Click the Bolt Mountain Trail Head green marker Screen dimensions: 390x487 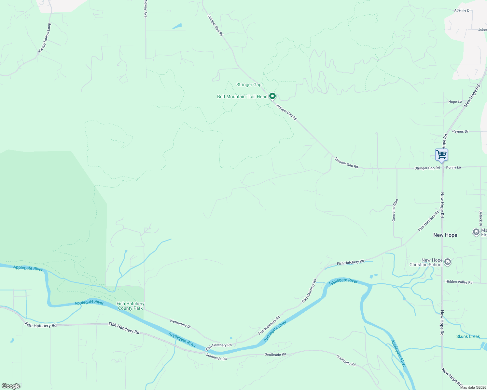coord(272,96)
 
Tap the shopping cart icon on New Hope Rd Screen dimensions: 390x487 coord(441,155)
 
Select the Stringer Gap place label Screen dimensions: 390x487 coord(249,85)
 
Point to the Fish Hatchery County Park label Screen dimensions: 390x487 coord(130,306)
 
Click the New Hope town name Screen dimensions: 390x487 coord(445,235)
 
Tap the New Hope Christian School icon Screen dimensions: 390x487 coord(448,262)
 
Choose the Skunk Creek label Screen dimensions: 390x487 coord(468,336)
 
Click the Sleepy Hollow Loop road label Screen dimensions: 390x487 coord(45,38)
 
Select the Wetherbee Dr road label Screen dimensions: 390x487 coord(180,323)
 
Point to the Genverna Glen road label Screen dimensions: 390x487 coord(395,210)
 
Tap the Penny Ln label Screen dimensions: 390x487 coord(453,168)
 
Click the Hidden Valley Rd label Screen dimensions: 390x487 coord(459,282)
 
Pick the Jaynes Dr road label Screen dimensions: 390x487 coord(460,132)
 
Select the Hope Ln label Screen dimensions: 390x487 coord(455,102)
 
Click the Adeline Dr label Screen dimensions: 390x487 coord(462,10)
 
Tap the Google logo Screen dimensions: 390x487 coord(11,386)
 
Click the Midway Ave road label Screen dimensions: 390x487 coord(146,11)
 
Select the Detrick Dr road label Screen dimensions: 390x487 coord(480,218)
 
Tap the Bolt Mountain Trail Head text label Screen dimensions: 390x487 coord(242,97)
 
